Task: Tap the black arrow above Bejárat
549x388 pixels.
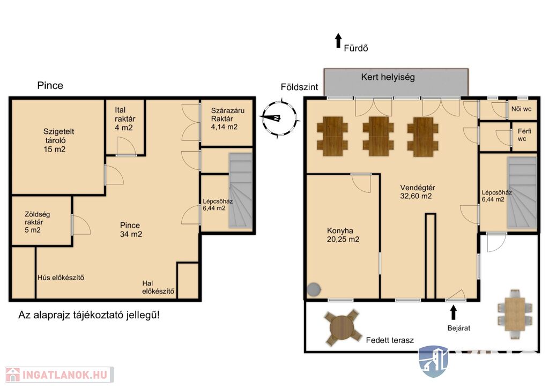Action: [454, 312]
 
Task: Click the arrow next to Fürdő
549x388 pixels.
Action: [338, 41]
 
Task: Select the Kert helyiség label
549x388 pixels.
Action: [388, 77]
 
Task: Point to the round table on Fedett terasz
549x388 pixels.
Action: [342, 329]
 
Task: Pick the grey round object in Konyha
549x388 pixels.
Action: [314, 289]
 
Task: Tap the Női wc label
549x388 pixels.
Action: [521, 109]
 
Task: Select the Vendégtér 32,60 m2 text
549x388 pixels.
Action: [417, 192]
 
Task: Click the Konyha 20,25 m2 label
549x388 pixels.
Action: [343, 235]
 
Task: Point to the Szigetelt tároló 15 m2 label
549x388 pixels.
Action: [58, 140]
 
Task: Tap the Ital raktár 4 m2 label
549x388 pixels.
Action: [124, 119]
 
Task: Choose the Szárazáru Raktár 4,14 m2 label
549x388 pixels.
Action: [227, 119]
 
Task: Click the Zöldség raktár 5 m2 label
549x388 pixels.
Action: [36, 222]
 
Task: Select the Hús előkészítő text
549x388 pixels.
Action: [61, 278]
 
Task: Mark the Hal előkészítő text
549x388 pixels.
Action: [158, 287]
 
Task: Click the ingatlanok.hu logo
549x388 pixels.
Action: [60, 375]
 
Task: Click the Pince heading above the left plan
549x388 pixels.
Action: [50, 86]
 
